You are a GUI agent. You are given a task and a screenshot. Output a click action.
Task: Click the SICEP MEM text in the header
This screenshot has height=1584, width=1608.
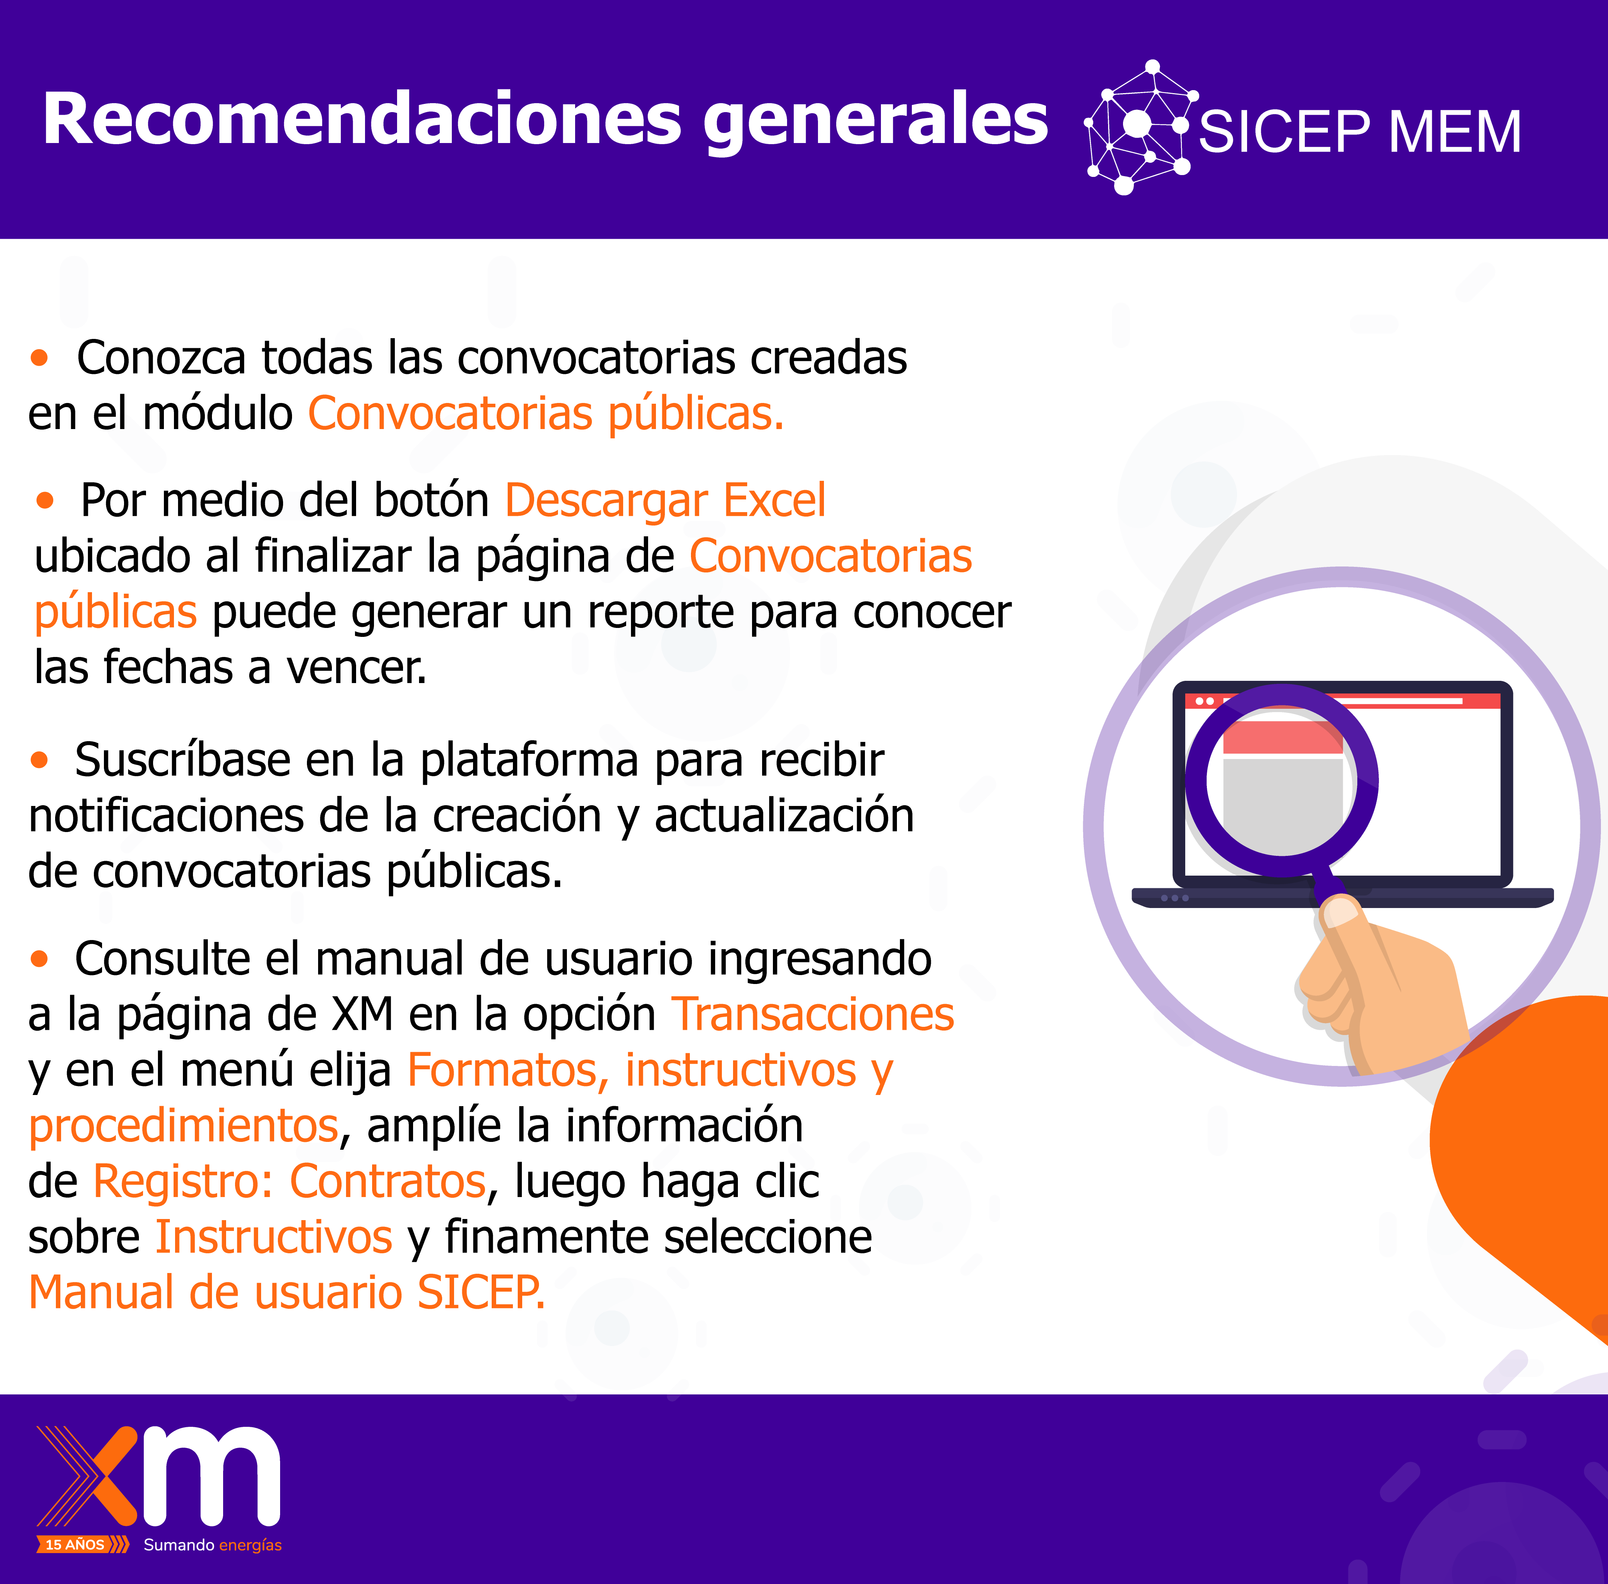[x=1360, y=131]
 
